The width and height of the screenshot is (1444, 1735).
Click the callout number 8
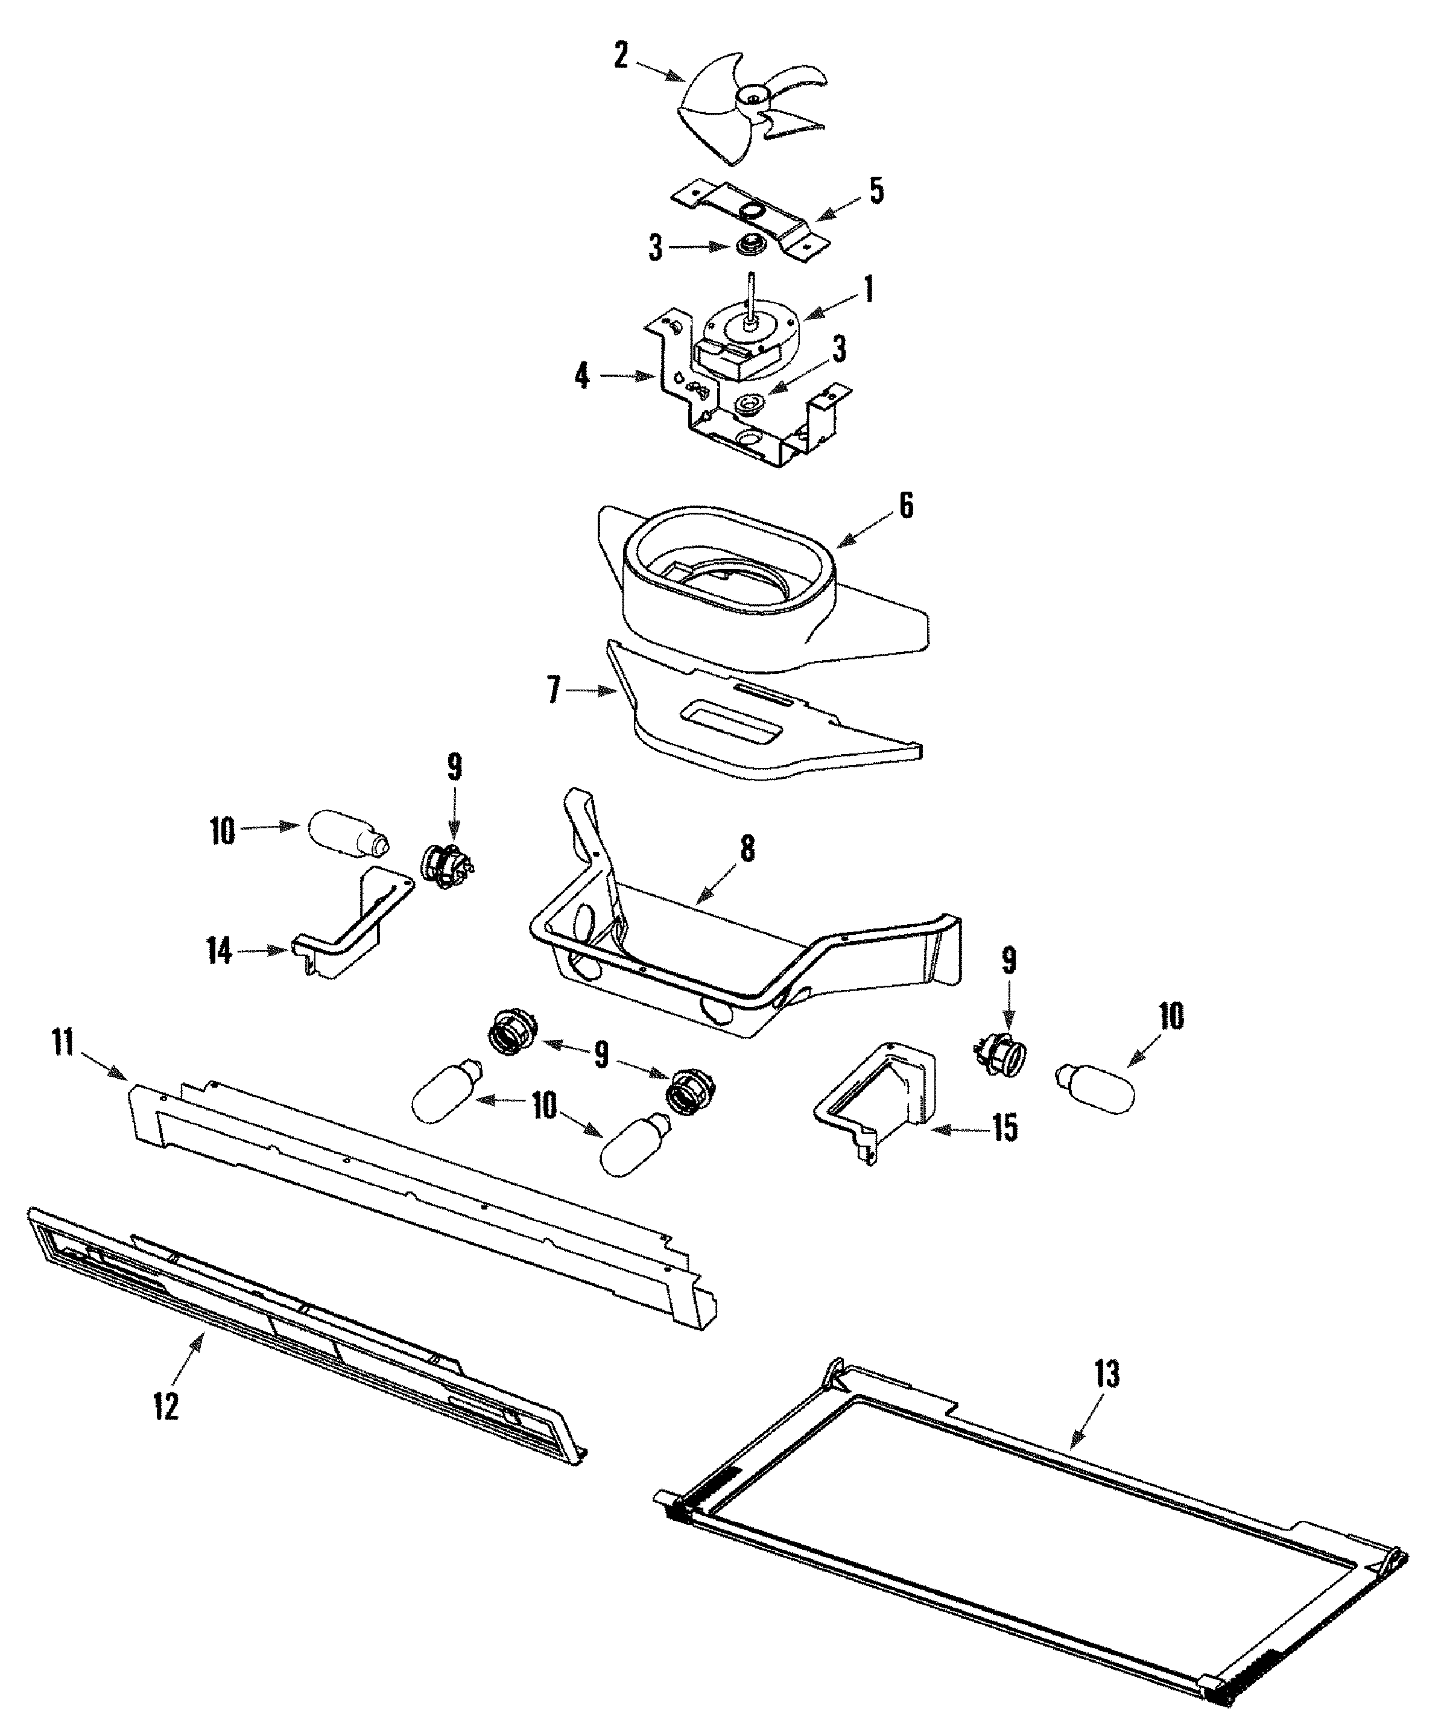(747, 849)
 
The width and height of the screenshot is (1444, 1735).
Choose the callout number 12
(166, 1406)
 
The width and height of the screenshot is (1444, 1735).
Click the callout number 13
(1107, 1374)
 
